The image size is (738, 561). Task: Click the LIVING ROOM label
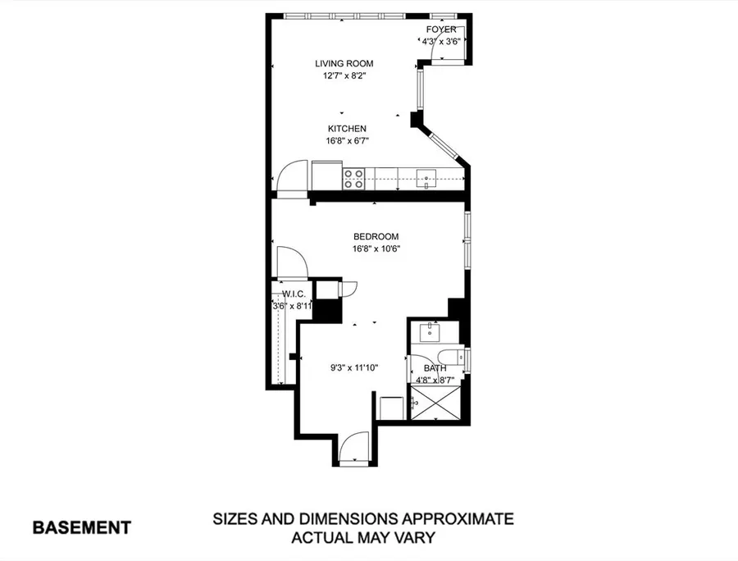[x=344, y=63]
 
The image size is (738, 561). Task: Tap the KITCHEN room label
[x=347, y=129]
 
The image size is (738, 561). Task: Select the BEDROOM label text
[x=376, y=237]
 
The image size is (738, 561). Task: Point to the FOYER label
[x=441, y=30]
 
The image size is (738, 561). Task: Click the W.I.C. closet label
[x=294, y=294]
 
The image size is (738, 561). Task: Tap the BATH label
[x=435, y=368]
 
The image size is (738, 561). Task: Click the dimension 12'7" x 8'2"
[x=344, y=75]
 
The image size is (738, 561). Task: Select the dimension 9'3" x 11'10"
[x=354, y=368]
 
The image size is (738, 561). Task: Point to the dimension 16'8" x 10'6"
[x=376, y=249]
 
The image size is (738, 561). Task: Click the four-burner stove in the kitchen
[x=353, y=179]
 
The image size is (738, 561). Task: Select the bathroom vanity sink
[x=430, y=332]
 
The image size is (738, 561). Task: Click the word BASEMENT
[x=81, y=527]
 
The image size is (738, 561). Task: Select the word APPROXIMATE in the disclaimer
[x=457, y=519]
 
